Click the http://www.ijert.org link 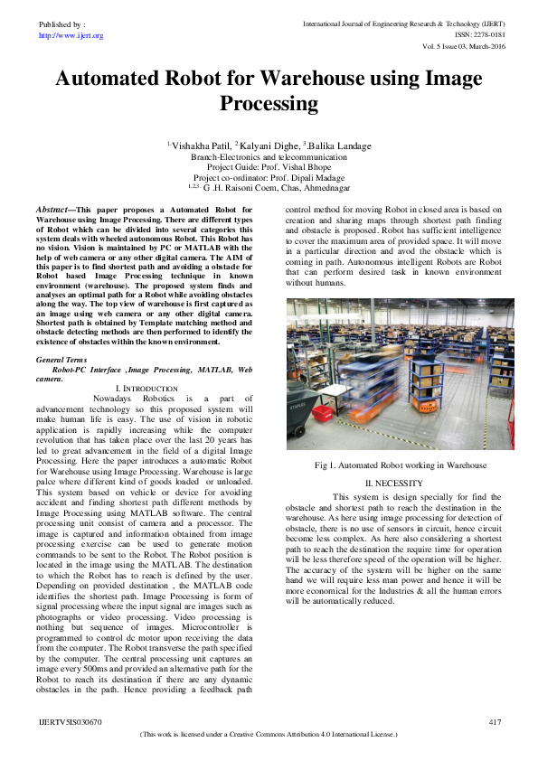(71, 35)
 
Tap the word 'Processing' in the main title (269, 103)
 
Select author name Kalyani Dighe (268, 146)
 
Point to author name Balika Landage (336, 146)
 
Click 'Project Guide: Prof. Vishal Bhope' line (269, 167)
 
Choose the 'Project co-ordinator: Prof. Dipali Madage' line (269, 177)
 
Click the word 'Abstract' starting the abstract (53, 209)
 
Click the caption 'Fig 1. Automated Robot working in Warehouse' (401, 465)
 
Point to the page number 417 (494, 721)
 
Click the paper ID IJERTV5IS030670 (70, 721)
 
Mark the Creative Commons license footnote (269, 735)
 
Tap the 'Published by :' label (61, 24)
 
